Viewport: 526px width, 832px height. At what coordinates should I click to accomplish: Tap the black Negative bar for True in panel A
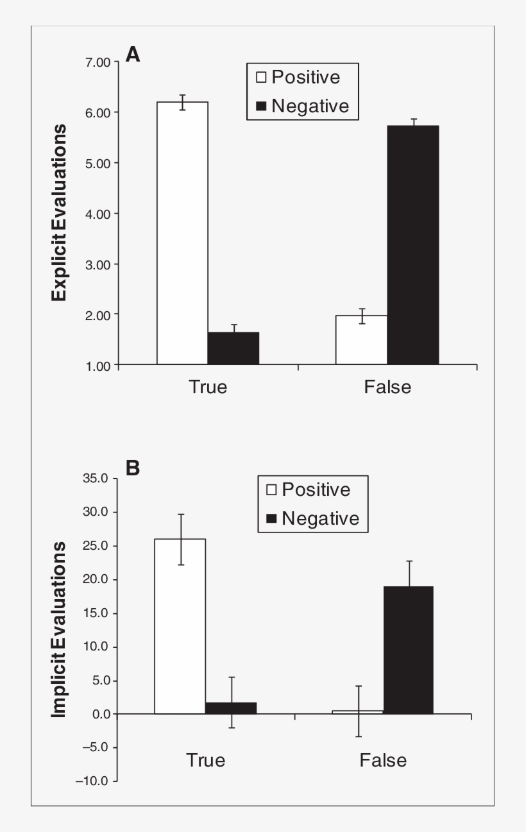click(x=233, y=348)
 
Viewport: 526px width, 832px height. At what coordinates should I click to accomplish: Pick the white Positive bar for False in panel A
click(x=362, y=340)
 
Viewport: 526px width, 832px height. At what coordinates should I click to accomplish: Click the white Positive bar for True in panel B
click(x=180, y=626)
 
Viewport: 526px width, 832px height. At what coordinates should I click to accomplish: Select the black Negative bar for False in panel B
click(x=409, y=650)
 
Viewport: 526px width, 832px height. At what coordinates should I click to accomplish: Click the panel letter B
click(x=133, y=468)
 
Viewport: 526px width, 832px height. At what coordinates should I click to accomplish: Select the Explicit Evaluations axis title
click(x=60, y=213)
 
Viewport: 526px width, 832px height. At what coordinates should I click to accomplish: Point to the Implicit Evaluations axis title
click(x=60, y=629)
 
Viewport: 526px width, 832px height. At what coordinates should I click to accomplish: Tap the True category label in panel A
click(x=208, y=387)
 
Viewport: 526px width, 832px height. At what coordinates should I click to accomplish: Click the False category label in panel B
click(x=383, y=761)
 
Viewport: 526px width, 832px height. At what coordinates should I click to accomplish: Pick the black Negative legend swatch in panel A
click(x=261, y=106)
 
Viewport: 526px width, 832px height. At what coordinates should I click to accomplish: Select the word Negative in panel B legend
click(x=321, y=518)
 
